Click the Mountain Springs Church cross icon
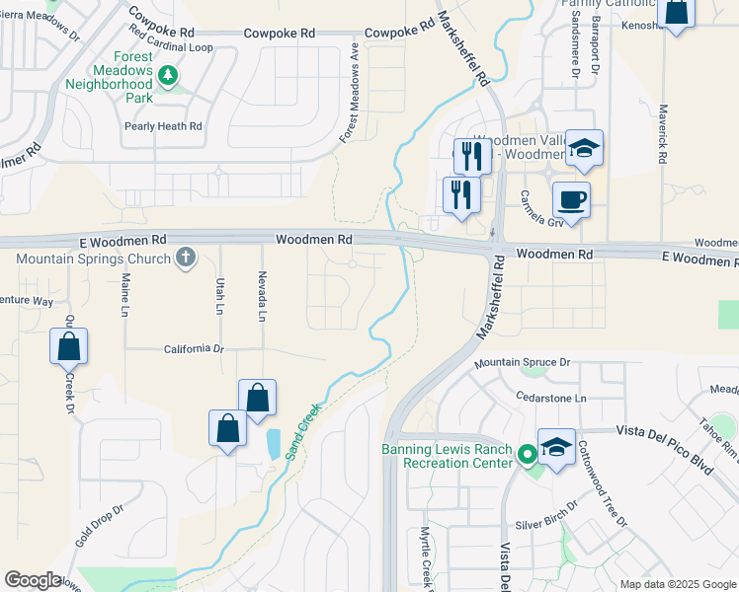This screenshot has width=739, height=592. point(185,259)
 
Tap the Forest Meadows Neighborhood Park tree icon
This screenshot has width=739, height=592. point(168,75)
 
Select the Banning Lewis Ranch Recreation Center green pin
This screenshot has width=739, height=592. point(528,455)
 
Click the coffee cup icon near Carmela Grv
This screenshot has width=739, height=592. point(571,200)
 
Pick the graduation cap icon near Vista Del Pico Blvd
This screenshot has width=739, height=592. point(556,446)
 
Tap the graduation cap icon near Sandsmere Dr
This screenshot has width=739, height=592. point(584,149)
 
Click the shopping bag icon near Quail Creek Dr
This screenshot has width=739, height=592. point(68,347)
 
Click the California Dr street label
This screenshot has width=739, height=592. point(194,349)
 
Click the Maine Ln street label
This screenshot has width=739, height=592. point(125,296)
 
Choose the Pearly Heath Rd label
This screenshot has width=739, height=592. point(163,126)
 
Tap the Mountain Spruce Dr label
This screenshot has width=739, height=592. point(522,363)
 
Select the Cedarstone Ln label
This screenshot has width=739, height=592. point(551,398)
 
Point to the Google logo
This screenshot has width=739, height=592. point(33,580)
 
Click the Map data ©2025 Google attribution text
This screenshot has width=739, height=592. point(677,583)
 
